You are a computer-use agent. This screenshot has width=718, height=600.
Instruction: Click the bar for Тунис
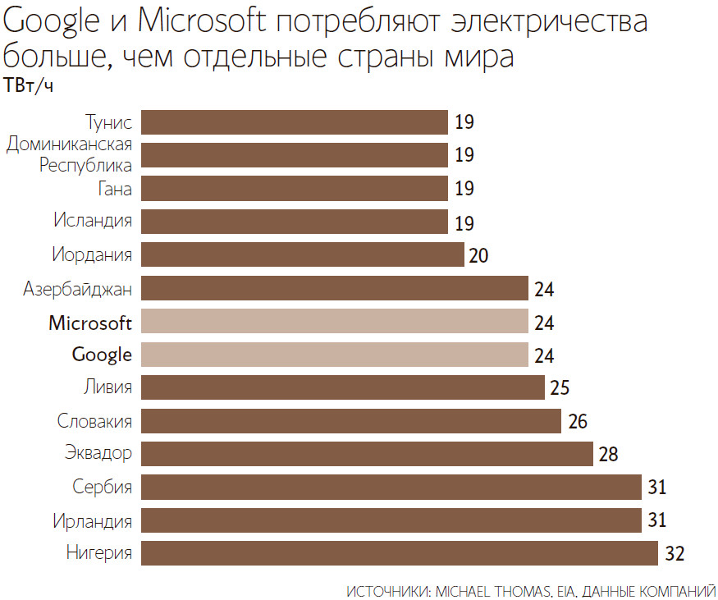295,122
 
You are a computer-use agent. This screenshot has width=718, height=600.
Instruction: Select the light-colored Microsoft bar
334,322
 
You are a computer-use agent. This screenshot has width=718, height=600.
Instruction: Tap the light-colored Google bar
334,355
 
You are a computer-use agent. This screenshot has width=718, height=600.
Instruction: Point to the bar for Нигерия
400,553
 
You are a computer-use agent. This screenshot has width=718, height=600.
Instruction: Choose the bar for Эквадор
367,454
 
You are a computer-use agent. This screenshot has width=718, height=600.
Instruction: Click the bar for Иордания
303,254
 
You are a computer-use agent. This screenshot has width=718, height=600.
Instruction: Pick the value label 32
675,553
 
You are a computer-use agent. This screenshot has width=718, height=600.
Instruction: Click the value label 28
609,454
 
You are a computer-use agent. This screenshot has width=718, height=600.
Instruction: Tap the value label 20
479,254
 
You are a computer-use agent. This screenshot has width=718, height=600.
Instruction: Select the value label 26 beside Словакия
577,421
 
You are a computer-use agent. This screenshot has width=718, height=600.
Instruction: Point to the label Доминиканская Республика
71,155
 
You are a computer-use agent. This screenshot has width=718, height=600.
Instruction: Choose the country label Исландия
94,222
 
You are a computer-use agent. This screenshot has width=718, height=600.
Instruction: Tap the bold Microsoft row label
90,322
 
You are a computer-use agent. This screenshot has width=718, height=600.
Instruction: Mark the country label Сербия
103,487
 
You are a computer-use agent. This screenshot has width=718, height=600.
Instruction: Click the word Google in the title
50,23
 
